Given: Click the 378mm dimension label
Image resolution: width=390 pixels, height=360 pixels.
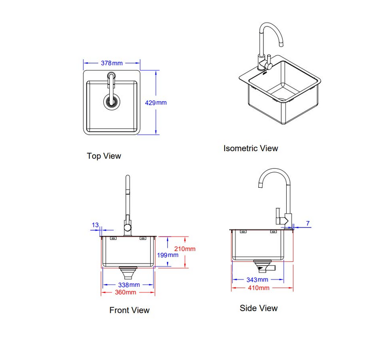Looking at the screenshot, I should [x=112, y=63].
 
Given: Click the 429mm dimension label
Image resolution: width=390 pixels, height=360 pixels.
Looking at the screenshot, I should [x=156, y=103].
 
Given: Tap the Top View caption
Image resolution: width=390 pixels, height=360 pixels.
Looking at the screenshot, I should [x=104, y=156].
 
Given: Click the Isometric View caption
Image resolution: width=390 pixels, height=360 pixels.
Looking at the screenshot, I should [x=251, y=148].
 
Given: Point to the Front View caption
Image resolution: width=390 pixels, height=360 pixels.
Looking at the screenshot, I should [x=129, y=310].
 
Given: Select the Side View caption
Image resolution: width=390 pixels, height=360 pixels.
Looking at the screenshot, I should [x=258, y=308].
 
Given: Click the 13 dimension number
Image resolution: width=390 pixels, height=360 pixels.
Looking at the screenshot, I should [x=95, y=225].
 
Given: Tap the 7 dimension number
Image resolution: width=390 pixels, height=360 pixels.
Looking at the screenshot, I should [x=308, y=224].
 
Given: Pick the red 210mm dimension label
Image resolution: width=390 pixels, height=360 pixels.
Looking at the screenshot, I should [x=186, y=249].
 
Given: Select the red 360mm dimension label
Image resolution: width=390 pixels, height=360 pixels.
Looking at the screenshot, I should [x=126, y=292].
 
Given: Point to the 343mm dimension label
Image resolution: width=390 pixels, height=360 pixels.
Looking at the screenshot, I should [x=257, y=280].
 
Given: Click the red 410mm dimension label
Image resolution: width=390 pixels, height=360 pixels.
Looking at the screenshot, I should [x=258, y=288].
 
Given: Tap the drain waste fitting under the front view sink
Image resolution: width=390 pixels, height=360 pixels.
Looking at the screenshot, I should [x=129, y=272].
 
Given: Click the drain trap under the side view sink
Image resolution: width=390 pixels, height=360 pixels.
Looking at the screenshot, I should [x=264, y=267].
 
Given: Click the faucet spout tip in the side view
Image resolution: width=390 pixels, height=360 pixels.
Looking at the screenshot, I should [x=260, y=185].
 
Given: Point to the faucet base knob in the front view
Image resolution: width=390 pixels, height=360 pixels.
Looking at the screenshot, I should [x=128, y=227].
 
